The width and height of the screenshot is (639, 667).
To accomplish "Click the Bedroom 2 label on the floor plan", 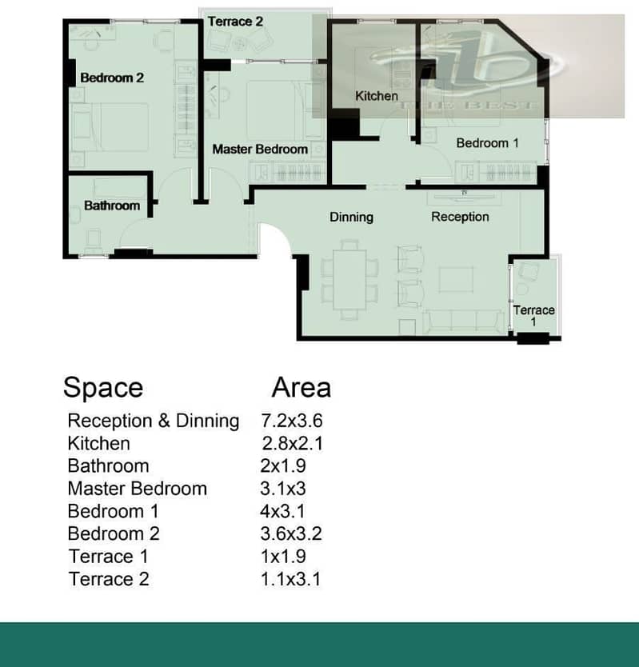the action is pyautogui.click(x=112, y=78).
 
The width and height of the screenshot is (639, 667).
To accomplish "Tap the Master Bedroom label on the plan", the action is pyautogui.click(x=260, y=150).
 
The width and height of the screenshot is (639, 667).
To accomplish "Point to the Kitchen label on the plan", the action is pyautogui.click(x=377, y=96).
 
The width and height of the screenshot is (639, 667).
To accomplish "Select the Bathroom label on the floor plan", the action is pyautogui.click(x=112, y=206).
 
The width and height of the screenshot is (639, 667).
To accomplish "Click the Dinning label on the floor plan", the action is pyautogui.click(x=351, y=217).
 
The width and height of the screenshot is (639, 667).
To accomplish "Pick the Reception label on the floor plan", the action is pyautogui.click(x=460, y=217).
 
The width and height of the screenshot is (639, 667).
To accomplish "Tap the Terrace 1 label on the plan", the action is pyautogui.click(x=533, y=316).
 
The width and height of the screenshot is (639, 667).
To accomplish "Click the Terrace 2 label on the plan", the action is pyautogui.click(x=235, y=22).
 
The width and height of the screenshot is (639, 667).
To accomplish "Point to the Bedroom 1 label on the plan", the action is pyautogui.click(x=487, y=143).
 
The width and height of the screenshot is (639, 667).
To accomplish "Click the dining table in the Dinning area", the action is pyautogui.click(x=349, y=279).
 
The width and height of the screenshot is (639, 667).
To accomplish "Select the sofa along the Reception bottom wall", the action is pyautogui.click(x=464, y=322).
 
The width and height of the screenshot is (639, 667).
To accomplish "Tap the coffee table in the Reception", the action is pyautogui.click(x=456, y=279).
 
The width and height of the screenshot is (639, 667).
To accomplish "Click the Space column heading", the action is pyautogui.click(x=103, y=388).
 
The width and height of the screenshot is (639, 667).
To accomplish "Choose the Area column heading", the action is pyautogui.click(x=302, y=388).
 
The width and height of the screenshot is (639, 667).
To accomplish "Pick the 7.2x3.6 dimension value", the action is pyautogui.click(x=292, y=421).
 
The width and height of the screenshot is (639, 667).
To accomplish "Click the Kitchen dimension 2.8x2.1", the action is pyautogui.click(x=292, y=444).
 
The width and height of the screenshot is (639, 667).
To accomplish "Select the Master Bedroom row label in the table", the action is pyautogui.click(x=138, y=489).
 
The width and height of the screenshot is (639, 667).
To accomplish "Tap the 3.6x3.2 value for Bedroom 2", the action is pyautogui.click(x=291, y=533).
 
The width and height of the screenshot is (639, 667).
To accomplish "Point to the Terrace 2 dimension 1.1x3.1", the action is pyautogui.click(x=290, y=579).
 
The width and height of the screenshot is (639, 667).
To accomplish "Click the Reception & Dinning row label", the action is pyautogui.click(x=154, y=421).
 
